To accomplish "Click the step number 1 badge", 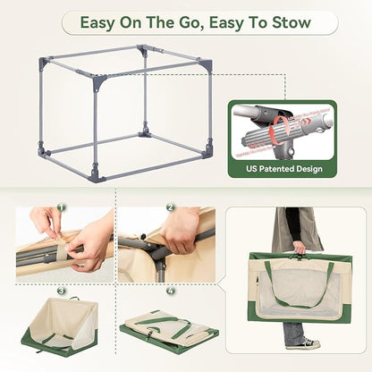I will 62,207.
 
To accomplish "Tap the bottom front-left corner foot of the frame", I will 95,175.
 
